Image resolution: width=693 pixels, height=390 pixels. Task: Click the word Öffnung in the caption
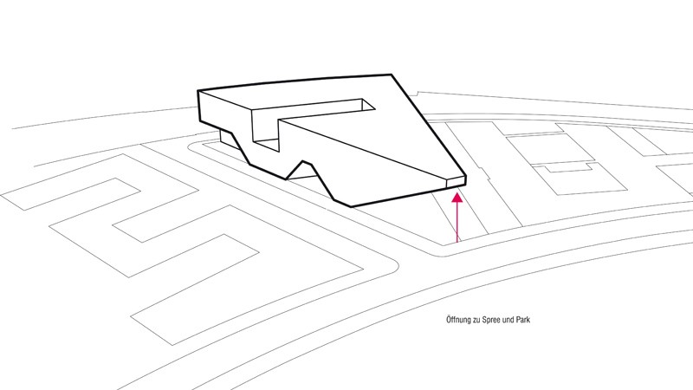[x=459, y=320]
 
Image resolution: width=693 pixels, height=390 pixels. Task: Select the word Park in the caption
[x=522, y=319]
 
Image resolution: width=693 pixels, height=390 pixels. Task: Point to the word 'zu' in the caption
[x=477, y=320]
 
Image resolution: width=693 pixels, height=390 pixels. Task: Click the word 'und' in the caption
[x=509, y=320]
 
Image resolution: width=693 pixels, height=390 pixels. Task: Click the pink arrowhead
[x=457, y=198]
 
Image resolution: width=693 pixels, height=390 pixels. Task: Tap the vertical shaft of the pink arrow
[x=457, y=223]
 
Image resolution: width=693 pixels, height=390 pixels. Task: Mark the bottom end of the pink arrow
[x=457, y=243]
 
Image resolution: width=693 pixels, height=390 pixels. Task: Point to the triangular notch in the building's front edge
[x=303, y=170]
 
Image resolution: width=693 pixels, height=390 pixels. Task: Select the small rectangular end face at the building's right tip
[x=456, y=181]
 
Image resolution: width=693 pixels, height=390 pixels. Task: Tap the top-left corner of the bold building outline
[x=198, y=91]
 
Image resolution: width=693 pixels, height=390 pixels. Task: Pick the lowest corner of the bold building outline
[x=352, y=206]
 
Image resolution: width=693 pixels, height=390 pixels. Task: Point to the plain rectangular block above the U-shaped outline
[x=550, y=149]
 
